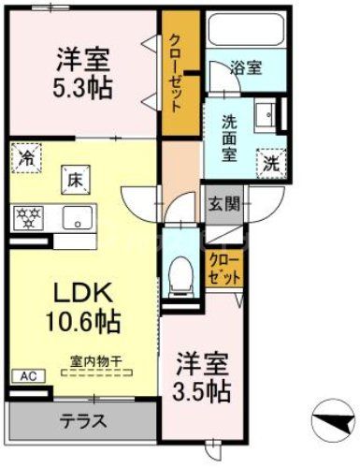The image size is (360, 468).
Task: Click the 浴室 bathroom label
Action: point(246,67)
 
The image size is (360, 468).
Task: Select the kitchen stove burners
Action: point(29,217)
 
